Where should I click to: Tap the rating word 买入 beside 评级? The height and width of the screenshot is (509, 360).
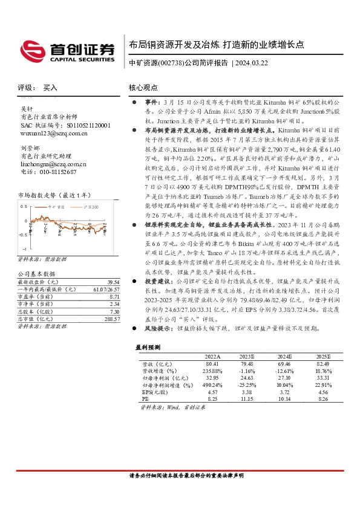pyautogui.click(x=50, y=88)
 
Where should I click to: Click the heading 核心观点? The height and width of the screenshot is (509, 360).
pyautogui.click(x=143, y=88)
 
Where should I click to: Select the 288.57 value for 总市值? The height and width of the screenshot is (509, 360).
pyautogui.click(x=112, y=318)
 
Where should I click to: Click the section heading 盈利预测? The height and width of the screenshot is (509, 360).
pyautogui.click(x=146, y=348)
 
